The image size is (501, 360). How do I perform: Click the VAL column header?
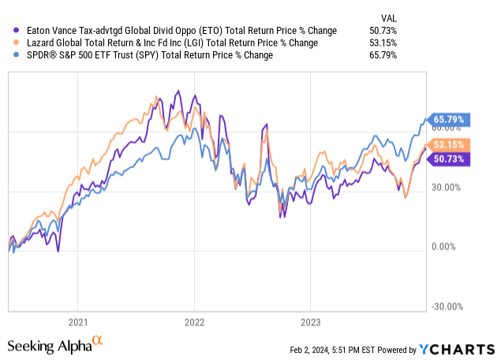point(388,16)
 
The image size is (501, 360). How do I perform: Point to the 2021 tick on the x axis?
point(77,322)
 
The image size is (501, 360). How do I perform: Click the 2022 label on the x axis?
point(193,322)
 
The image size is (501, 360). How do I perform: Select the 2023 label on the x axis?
point(310,322)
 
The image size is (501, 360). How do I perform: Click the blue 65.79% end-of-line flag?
point(448,121)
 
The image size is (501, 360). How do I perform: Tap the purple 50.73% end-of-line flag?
point(448,158)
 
